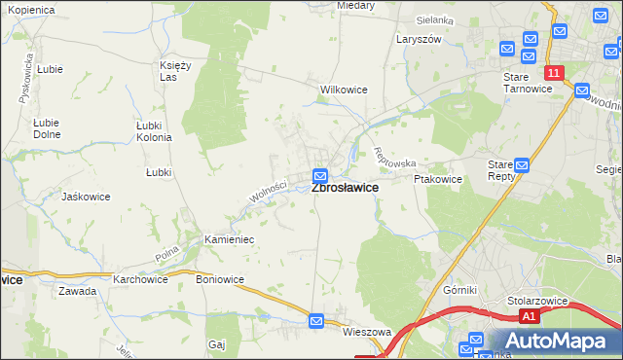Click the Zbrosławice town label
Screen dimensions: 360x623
(345, 188)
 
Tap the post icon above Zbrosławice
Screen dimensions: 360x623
(320, 175)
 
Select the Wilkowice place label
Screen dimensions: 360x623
(344, 90)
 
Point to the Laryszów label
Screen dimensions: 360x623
(419, 39)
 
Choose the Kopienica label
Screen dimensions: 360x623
(32, 9)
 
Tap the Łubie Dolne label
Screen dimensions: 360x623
(46, 128)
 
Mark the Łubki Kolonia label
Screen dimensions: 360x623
(155, 131)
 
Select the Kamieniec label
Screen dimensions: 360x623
(229, 238)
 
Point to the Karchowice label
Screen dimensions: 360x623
(140, 279)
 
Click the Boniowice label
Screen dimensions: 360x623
(220, 279)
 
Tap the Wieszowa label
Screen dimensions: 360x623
(366, 332)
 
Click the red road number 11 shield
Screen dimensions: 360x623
(553, 73)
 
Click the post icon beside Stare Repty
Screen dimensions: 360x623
(522, 166)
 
